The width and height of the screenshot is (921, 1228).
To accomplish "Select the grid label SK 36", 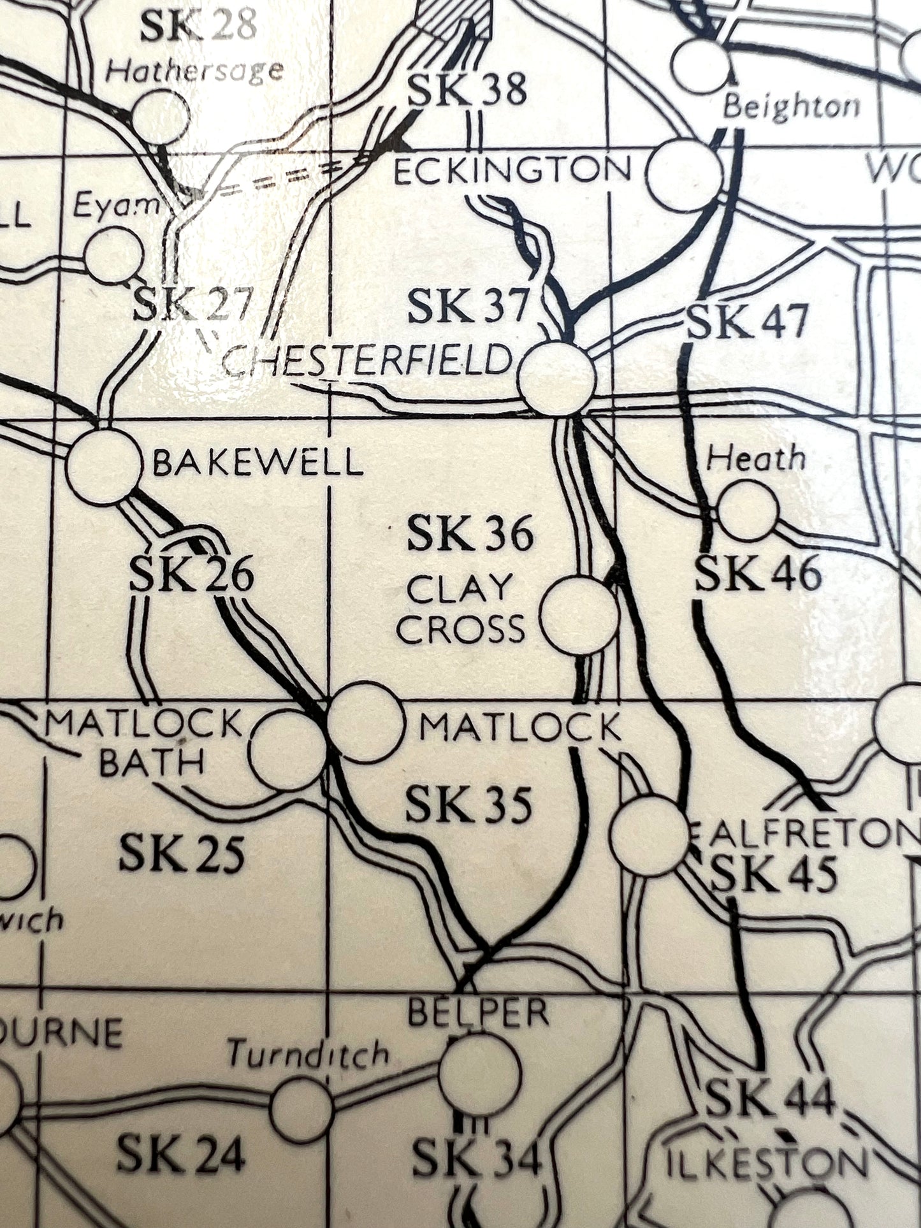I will click(x=470, y=533).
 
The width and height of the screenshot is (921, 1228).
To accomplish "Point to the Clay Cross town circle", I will click(x=579, y=615).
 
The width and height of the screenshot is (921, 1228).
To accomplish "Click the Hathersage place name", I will click(x=194, y=69).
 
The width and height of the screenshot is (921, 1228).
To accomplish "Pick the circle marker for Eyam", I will click(x=115, y=255).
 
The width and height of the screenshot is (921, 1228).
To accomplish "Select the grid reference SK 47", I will click(x=748, y=322).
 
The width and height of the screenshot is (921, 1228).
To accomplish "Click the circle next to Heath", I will click(x=748, y=510).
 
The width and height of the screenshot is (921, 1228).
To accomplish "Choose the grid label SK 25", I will click(x=182, y=853).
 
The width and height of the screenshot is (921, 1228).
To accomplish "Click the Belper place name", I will click(x=478, y=1012).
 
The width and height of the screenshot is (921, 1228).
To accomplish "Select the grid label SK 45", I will click(x=773, y=874).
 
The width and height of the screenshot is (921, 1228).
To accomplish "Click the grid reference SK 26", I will click(x=191, y=575).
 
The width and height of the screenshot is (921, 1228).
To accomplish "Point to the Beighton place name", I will click(x=791, y=105).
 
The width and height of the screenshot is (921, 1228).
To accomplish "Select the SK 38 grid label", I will click(x=467, y=89).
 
